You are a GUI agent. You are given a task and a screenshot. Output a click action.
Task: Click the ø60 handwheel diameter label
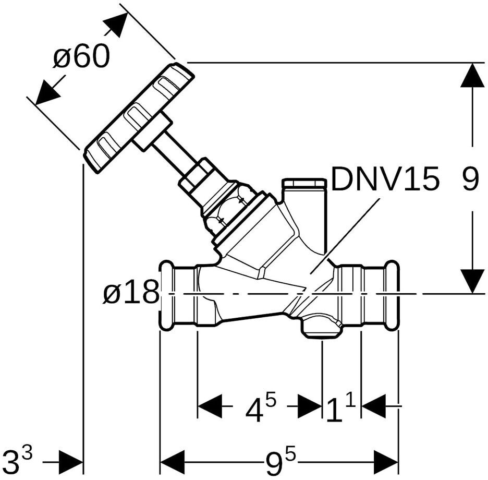click(x=81, y=56)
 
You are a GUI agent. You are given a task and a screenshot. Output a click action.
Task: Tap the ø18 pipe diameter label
click(x=131, y=291)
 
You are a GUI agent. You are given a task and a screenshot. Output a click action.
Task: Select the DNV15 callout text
click(x=385, y=178)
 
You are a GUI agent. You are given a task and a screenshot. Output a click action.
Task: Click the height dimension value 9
click(x=470, y=178)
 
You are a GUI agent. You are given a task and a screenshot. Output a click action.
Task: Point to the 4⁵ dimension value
click(x=261, y=407)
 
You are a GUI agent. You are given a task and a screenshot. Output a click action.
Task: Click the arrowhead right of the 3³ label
click(x=71, y=462)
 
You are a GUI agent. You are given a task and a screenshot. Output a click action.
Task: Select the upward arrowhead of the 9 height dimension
click(x=473, y=75)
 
